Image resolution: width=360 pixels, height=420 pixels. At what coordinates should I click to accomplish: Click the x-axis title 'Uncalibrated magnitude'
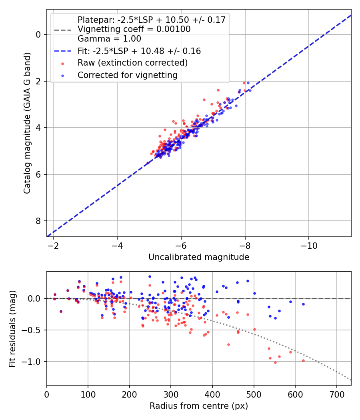pyautogui.click(x=199, y=257)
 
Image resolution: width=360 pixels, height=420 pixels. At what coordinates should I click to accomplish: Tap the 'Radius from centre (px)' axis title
pyautogui.click(x=199, y=406)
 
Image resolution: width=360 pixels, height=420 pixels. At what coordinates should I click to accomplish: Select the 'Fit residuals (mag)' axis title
pyautogui.click(x=12, y=328)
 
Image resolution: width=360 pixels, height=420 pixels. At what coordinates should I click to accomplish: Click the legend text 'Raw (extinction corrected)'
pyautogui.click(x=132, y=63)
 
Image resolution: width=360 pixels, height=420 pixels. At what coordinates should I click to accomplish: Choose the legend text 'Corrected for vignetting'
pyautogui.click(x=127, y=75)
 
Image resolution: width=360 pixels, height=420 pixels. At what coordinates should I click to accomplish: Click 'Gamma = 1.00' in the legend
pyautogui.click(x=109, y=39)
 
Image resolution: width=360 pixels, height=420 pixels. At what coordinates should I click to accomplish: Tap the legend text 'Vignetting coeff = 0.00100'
pyautogui.click(x=134, y=29)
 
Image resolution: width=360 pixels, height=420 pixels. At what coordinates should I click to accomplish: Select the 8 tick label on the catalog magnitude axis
pyautogui.click(x=38, y=221)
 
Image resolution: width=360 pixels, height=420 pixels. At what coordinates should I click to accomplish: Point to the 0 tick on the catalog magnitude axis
pyautogui.click(x=38, y=34)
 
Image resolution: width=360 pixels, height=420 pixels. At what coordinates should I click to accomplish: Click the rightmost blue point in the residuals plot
pyautogui.click(x=303, y=304)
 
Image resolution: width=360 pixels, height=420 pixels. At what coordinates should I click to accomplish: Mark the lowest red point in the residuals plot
pyautogui.click(x=275, y=362)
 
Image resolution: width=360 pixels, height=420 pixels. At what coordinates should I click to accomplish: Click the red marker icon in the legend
pyautogui.click(x=63, y=63)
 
